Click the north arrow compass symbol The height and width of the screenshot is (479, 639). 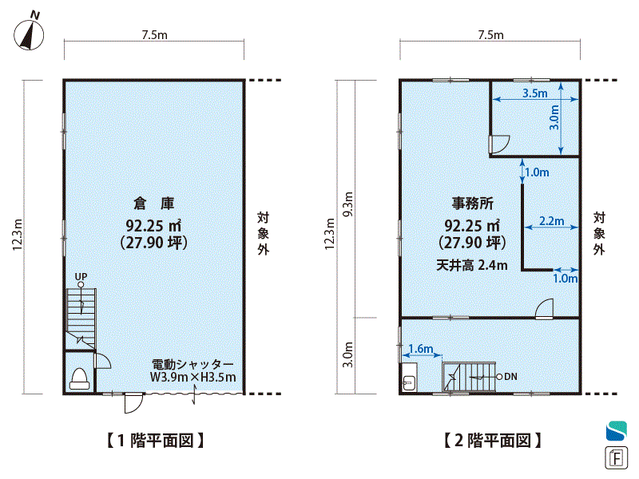coord(29,32)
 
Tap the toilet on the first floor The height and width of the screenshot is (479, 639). coord(79,378)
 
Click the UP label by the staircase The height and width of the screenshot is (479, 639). coord(81,276)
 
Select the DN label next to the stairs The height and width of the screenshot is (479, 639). coord(510,377)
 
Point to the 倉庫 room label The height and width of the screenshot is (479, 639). coord(154,204)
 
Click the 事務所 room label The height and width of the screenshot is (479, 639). coord(472,204)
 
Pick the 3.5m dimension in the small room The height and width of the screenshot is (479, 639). coord(534,93)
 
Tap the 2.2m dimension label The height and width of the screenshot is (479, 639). coord(552,221)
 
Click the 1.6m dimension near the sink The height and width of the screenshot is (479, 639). coord(421,349)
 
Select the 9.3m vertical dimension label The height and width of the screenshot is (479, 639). coord(348,204)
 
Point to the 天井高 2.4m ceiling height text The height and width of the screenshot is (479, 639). coord(472,266)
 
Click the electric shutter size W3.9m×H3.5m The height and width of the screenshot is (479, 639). coord(192,377)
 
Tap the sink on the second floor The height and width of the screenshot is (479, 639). coord(409,378)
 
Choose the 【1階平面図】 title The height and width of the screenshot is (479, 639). coord(155,441)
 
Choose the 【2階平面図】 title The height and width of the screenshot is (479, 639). coord(492,441)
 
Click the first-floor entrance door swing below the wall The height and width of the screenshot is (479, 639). coord(133,404)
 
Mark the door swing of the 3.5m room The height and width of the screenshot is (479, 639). coord(500,144)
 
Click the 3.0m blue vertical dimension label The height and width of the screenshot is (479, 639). coord(554,117)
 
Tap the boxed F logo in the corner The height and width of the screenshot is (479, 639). coord(616,457)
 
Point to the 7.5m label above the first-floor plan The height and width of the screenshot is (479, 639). coord(154,35)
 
